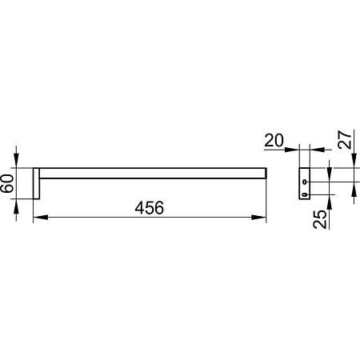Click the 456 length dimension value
pyautogui.click(x=150, y=208)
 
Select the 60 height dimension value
pyautogui.click(x=7, y=183)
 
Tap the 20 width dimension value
pyautogui.click(x=274, y=141)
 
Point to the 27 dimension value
pyautogui.click(x=345, y=139)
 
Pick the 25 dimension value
pyautogui.click(x=320, y=219)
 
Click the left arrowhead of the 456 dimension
pyautogui.click(x=41, y=218)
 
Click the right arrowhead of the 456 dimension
pyautogui.click(x=259, y=218)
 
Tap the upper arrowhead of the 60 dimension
pyautogui.click(x=16, y=161)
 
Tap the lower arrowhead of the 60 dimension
pyautogui.click(x=16, y=206)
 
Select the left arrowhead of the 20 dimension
pyautogui.click(x=292, y=150)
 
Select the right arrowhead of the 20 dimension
pyautogui.click(x=317, y=150)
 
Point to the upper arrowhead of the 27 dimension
pyautogui.click(x=354, y=161)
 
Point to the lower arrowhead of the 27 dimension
pyautogui.click(x=354, y=190)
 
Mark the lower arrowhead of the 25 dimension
pyautogui.click(x=329, y=202)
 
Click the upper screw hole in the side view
pyautogui.click(x=305, y=182)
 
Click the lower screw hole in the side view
pyautogui.click(x=305, y=195)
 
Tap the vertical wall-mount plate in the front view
pyautogui.click(x=36, y=183)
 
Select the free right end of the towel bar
pyautogui.click(x=266, y=173)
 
